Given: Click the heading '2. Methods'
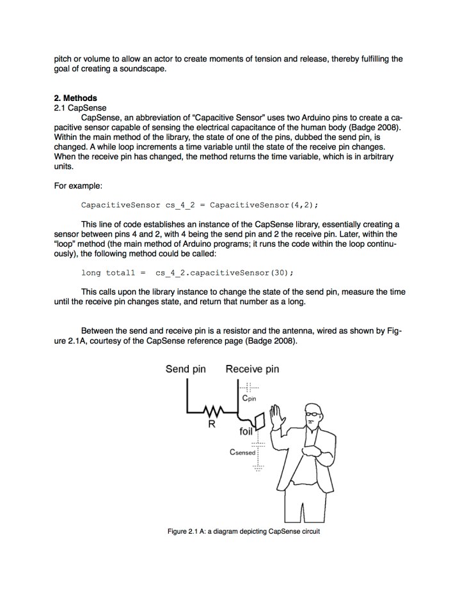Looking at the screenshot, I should [75, 98].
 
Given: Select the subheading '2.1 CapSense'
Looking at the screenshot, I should [80, 108].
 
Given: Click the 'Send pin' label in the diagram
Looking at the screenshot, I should [186, 369].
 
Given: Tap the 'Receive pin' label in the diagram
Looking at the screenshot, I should [252, 369].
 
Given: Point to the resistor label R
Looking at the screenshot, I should [211, 424].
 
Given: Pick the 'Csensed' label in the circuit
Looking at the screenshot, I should [242, 452].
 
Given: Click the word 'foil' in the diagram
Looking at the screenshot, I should [246, 431].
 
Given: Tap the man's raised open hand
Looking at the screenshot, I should [277, 418].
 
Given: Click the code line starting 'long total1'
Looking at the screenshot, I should [187, 273].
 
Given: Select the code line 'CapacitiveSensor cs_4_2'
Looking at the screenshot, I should [200, 205].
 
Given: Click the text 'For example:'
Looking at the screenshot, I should [78, 186].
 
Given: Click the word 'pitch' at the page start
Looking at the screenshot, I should [63, 59].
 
